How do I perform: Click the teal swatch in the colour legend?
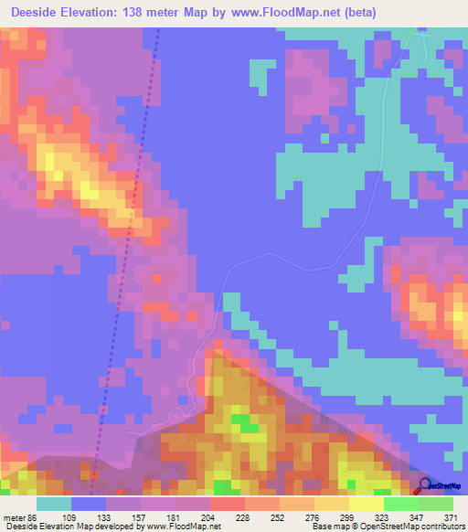54,504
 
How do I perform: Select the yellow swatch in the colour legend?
332,504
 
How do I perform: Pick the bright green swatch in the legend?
401,504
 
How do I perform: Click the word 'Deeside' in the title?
36,13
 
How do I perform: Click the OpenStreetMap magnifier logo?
423,486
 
